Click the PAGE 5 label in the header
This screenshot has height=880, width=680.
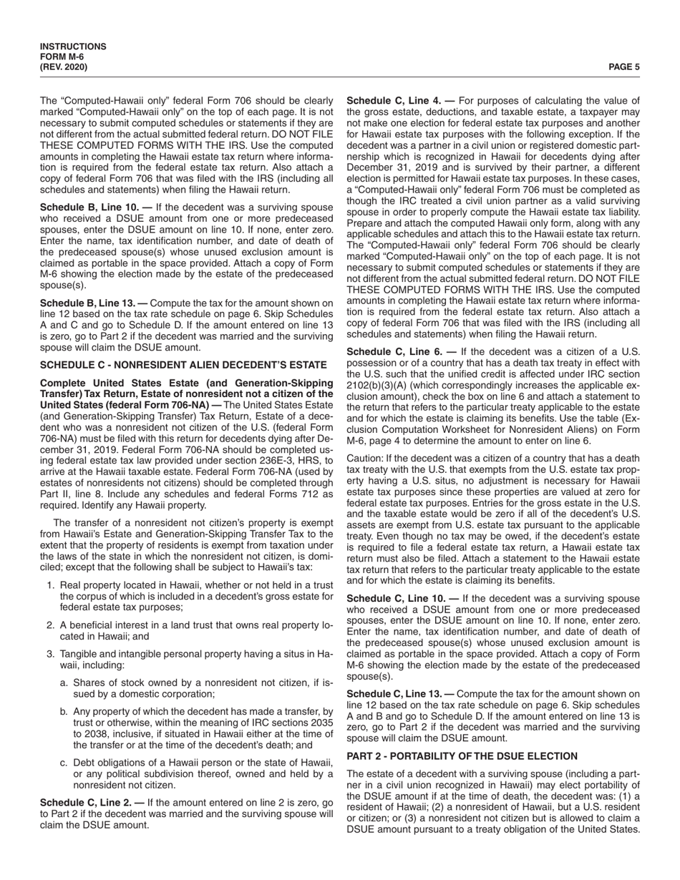pos(623,67)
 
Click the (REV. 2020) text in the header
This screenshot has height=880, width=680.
pos(64,67)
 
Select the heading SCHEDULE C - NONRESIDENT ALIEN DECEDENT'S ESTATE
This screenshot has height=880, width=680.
pos(183,365)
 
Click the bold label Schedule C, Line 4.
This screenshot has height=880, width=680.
pos(394,101)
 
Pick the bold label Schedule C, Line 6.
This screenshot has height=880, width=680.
pos(394,352)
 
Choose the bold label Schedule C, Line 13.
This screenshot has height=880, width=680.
pos(397,694)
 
